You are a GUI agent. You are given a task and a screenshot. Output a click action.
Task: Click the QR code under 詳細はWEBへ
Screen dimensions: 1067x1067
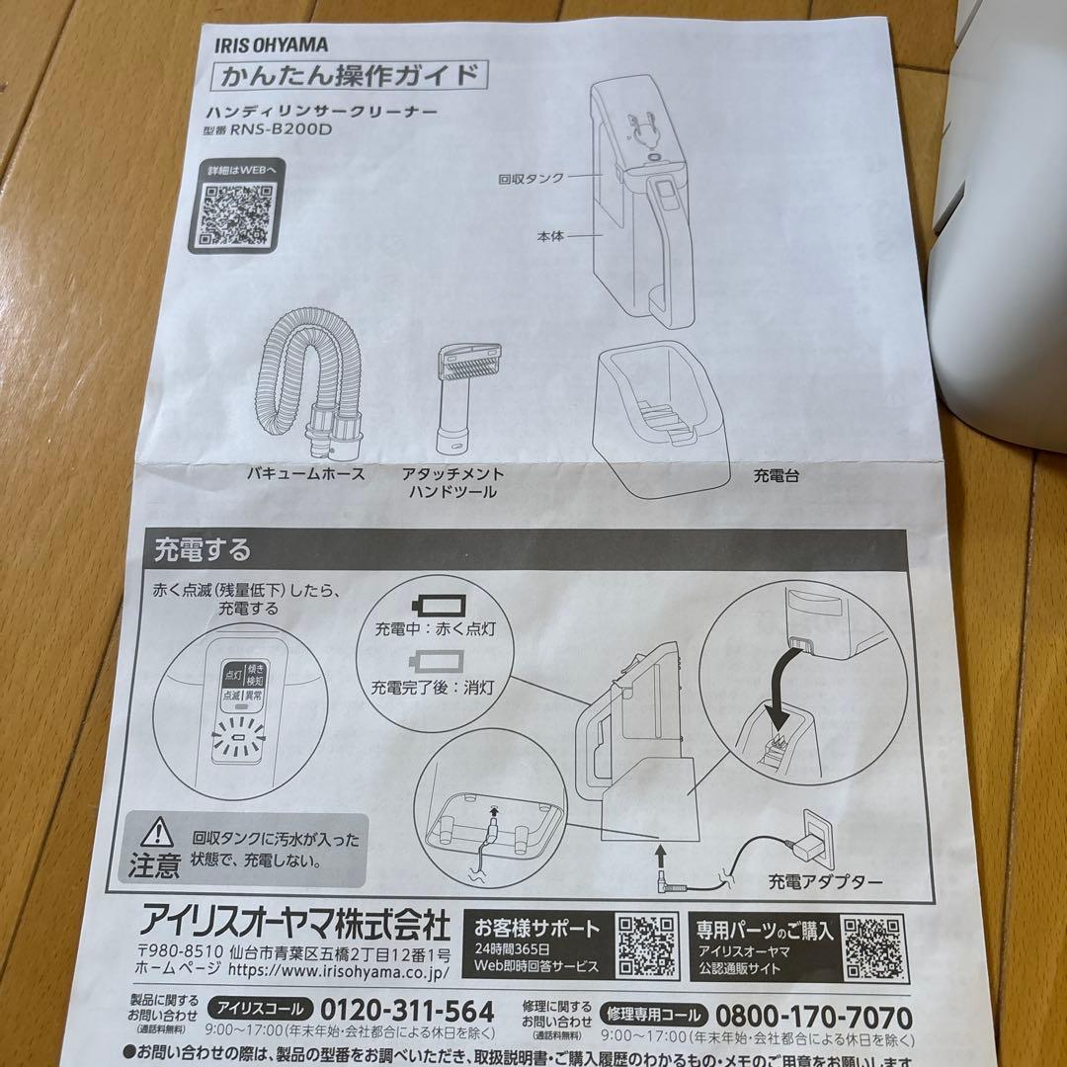point(237,212)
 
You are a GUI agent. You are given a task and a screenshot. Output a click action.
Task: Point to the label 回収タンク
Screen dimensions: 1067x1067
point(532,179)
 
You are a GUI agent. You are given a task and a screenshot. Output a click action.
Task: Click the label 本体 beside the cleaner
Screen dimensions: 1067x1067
point(550,236)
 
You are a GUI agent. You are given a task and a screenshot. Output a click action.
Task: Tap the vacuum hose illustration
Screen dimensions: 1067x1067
point(305,381)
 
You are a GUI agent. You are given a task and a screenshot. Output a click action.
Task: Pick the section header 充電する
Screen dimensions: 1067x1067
point(202,548)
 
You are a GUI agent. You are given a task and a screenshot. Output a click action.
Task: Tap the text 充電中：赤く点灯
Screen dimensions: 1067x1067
point(435,629)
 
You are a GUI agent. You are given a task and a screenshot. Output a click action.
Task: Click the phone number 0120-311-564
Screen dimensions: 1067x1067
point(407,1013)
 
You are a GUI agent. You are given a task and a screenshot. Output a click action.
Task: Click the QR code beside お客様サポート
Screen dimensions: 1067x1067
point(647,944)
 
